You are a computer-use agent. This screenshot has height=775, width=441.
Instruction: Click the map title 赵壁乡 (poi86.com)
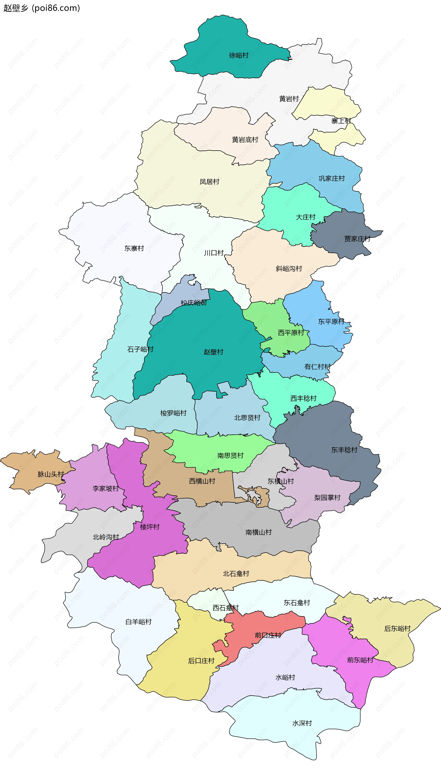(x=42, y=8)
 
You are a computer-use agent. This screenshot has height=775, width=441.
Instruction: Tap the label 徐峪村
(x=239, y=55)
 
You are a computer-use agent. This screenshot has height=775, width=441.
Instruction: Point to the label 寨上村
(x=341, y=121)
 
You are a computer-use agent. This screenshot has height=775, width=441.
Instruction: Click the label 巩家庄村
(x=332, y=178)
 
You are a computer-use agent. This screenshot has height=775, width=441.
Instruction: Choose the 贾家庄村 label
(x=357, y=239)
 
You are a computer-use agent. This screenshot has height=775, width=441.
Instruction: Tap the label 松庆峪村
(x=194, y=303)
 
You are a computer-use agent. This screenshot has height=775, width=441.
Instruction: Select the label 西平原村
(x=291, y=333)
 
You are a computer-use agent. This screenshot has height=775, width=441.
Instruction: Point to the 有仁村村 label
(x=317, y=367)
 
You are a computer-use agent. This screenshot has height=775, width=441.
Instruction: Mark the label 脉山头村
(x=51, y=474)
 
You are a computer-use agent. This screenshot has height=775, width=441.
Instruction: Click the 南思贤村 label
(x=230, y=455)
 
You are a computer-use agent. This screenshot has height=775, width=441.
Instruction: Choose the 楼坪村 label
(x=150, y=527)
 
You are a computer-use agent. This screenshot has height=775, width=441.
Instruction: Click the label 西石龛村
(x=225, y=608)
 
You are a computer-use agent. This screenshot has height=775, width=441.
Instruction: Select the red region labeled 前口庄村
(x=268, y=635)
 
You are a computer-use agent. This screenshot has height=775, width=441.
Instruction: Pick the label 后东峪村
(x=397, y=629)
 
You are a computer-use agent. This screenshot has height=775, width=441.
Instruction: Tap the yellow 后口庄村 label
(x=201, y=661)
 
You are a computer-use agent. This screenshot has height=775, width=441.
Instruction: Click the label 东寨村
(x=134, y=248)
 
